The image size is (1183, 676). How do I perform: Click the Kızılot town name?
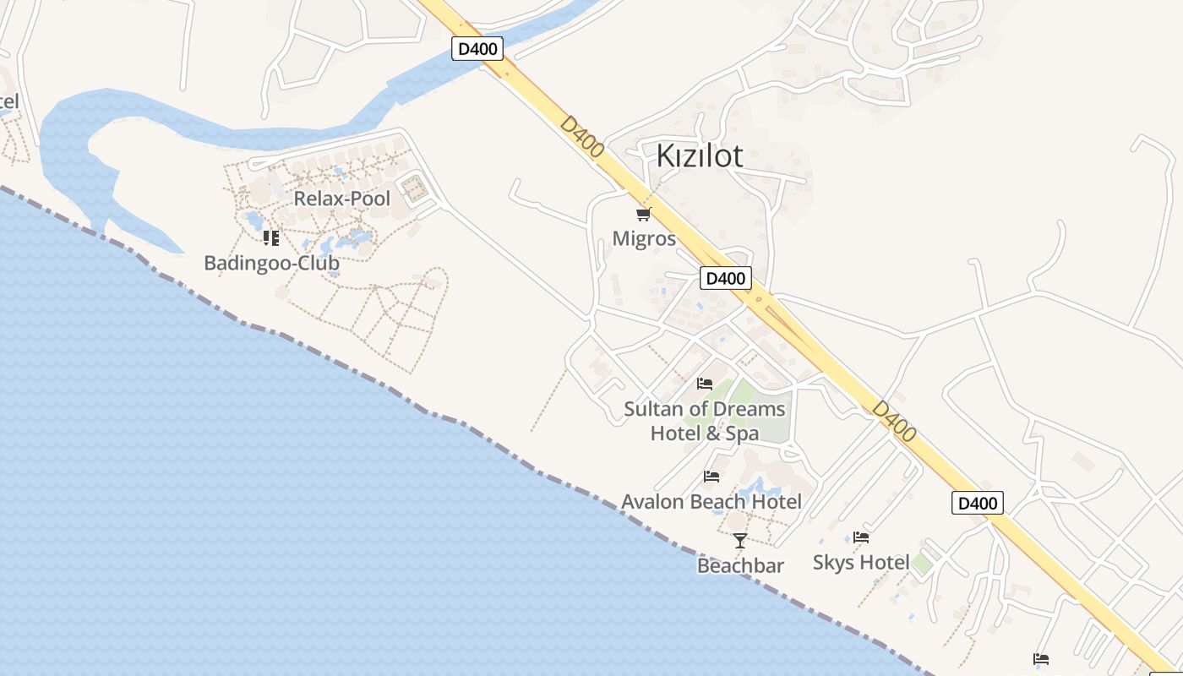pos(700,155)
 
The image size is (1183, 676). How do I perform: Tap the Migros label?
pos(644,238)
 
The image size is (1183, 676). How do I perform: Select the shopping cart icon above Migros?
pos(644,214)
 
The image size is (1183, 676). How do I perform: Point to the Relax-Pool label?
pos(341,199)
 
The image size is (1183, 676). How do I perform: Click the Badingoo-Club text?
pos(271,263)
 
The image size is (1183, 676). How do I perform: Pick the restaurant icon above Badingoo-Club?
pos(270,238)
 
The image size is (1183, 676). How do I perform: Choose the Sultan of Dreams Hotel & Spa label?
pos(704,421)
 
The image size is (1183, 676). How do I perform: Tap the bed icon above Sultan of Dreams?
pos(705,384)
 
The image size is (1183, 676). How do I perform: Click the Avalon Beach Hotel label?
pos(711,502)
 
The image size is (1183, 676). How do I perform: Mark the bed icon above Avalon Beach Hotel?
pos(711,477)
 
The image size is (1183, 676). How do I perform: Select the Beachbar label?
pos(740,565)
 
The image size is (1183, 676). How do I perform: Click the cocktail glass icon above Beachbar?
pos(740,540)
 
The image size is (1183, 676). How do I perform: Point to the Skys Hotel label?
pos(861,562)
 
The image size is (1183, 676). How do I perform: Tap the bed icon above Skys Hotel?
pos(861,537)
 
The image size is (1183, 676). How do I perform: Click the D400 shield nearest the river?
pos(477,49)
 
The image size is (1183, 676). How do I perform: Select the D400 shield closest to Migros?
pos(725,278)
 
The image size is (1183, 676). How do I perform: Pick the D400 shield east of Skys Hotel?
pos(978,503)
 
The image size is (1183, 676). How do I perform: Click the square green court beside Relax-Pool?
pos(413,188)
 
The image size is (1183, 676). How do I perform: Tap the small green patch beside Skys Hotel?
pos(922,563)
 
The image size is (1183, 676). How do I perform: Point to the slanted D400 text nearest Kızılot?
pos(582,137)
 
